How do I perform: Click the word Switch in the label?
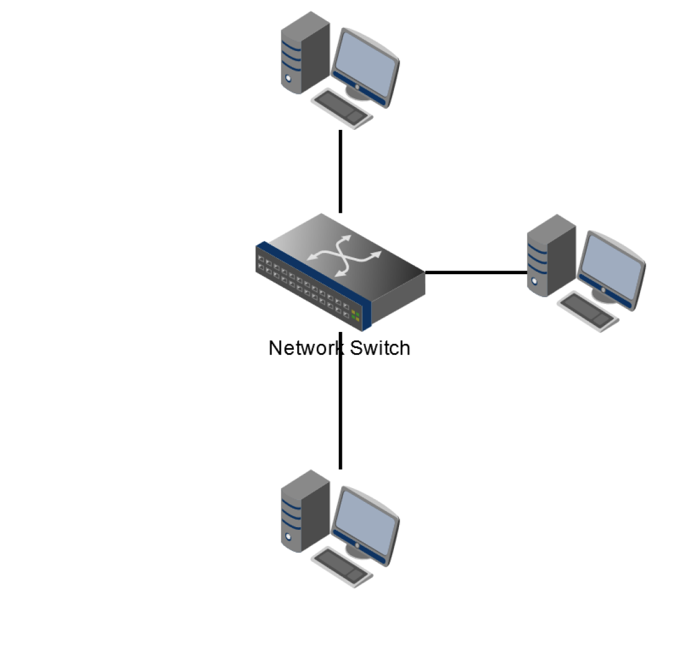[x=380, y=348]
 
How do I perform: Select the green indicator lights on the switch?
[x=355, y=315]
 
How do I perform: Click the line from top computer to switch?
[x=341, y=171]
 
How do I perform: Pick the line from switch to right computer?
[x=475, y=272]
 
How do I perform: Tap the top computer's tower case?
[x=304, y=53]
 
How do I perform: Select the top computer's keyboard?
[x=342, y=109]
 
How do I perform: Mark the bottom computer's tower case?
[x=304, y=511]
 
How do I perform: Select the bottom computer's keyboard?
[x=342, y=566]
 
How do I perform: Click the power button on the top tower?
[x=288, y=79]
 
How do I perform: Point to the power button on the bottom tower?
[x=288, y=537]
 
